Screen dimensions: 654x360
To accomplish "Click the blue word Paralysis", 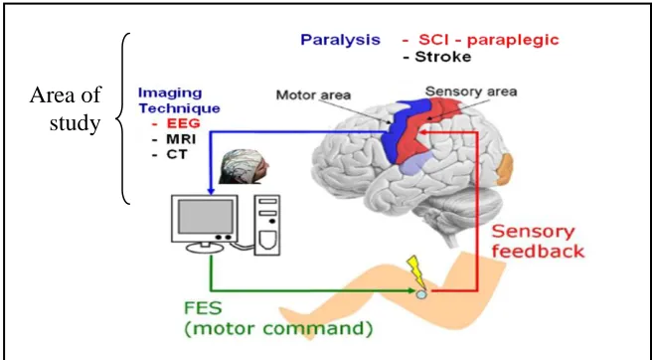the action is click(340, 41).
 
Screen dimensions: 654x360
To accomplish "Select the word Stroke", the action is click(442, 57).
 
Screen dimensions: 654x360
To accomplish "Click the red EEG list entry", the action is click(184, 123).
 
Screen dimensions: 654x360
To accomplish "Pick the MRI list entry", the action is click(181, 139).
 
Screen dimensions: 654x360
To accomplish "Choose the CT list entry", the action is click(177, 154).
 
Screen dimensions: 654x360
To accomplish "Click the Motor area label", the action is click(313, 95).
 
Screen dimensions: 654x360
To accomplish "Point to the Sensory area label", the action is click(471, 91).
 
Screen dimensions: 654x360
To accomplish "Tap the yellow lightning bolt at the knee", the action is click(415, 271).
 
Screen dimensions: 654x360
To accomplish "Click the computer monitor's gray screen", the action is click(205, 216).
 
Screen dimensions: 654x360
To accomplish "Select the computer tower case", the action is click(267, 226).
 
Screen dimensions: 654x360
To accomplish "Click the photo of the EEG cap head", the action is click(244, 167).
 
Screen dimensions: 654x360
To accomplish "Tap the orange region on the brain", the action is click(504, 169).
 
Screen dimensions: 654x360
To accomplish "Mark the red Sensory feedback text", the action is click(537, 242).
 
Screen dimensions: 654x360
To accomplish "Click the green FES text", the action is click(203, 308).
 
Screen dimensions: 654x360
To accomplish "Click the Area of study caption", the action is click(66, 109).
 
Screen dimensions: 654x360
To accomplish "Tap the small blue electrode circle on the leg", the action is click(421, 294).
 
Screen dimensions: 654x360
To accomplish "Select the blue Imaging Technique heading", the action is click(179, 100).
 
